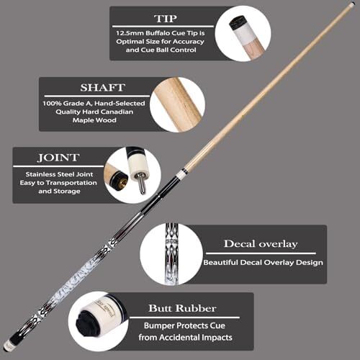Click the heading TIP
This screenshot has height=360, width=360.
click(x=166, y=19)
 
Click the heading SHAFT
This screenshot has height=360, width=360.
click(x=103, y=88)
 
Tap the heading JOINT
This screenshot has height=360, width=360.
click(x=58, y=158)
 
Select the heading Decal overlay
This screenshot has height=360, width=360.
click(x=261, y=244)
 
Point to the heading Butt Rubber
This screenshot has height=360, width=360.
click(x=182, y=308)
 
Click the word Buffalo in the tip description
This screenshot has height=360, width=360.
click(x=158, y=33)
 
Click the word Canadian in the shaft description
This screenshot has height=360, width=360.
click(x=117, y=112)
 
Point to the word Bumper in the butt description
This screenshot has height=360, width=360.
click(x=156, y=325)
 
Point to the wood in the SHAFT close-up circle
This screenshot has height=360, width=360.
click(x=178, y=105)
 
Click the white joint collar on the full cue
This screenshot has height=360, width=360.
click(x=184, y=171)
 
